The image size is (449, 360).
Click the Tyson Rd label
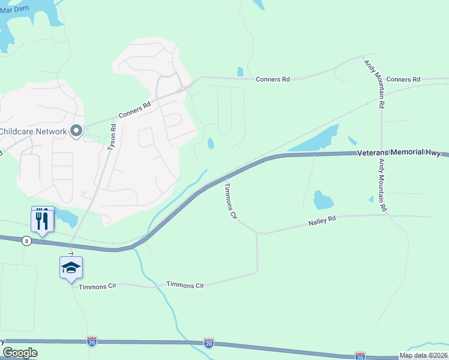tap(111, 137)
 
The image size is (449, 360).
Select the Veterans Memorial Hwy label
tap(399, 152)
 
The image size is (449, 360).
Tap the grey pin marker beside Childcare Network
tap(76, 130)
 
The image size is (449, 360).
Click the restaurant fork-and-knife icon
tap(42, 220)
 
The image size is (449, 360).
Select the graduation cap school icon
tap(71, 268)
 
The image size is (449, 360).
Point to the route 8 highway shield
tap(26, 241)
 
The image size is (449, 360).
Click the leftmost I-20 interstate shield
tap(91, 340)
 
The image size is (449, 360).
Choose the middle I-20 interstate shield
tap(208, 343)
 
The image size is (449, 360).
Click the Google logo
tap(20, 353)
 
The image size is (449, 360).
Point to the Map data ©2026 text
tap(423, 355)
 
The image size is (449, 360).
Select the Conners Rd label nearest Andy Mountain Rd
tap(403, 79)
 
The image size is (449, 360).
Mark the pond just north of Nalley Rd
tap(323, 200)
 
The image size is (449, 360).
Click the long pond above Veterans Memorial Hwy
tap(315, 140)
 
